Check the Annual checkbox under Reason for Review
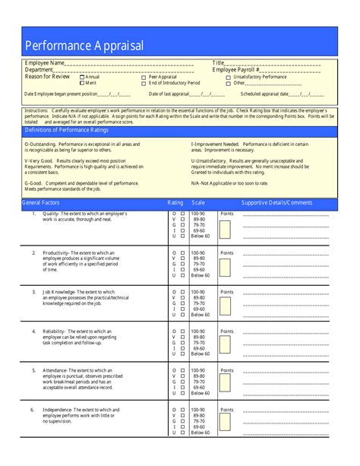(82, 77)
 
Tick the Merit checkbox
(82, 82)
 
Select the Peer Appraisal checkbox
(144, 77)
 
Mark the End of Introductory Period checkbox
(144, 82)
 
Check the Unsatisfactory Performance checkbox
(229, 77)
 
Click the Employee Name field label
(45, 63)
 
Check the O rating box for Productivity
(182, 252)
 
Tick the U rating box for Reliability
(182, 353)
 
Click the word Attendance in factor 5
(55, 370)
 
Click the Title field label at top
(219, 63)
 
